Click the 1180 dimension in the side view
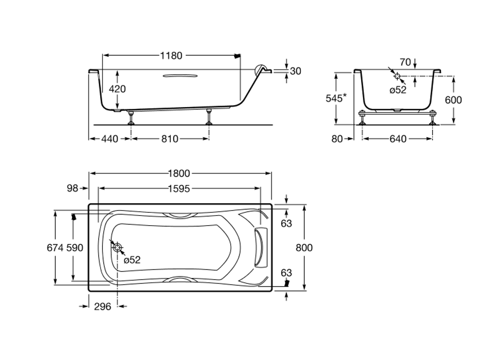(x=171, y=56)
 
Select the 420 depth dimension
(x=117, y=89)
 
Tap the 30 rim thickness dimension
(x=296, y=71)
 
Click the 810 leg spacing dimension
(x=170, y=139)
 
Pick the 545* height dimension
(x=335, y=98)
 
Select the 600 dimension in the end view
(x=453, y=100)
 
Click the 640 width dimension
(x=397, y=139)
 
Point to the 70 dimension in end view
(x=405, y=62)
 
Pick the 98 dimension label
(x=72, y=189)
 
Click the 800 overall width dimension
(x=304, y=248)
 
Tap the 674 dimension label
(x=54, y=248)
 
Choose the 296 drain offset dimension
(x=102, y=307)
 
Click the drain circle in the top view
(x=117, y=247)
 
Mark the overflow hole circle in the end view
(x=397, y=77)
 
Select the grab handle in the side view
(x=179, y=76)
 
